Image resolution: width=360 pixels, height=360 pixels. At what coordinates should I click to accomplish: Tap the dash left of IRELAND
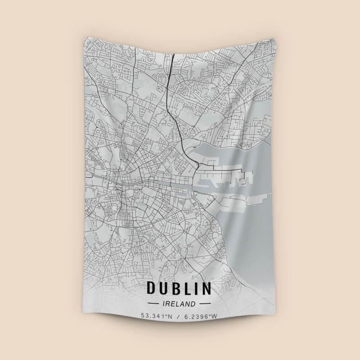[153, 304]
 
